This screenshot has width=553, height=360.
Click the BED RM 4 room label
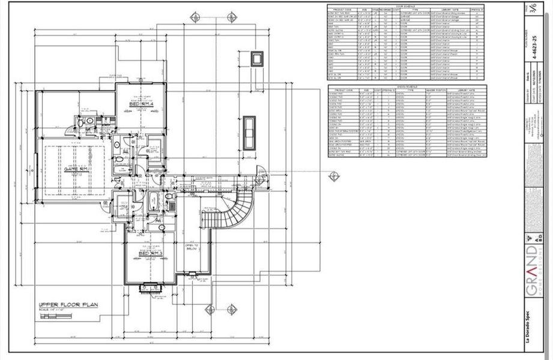point(142,104)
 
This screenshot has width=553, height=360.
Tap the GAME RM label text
point(77,169)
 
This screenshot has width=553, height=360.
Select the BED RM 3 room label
point(151,254)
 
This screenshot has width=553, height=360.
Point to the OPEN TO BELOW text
point(192,248)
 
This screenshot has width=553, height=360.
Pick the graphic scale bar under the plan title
point(60,311)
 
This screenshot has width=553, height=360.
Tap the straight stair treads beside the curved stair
point(210,220)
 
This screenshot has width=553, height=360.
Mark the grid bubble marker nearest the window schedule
point(334,176)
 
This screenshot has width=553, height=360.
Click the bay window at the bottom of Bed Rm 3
point(151,289)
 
